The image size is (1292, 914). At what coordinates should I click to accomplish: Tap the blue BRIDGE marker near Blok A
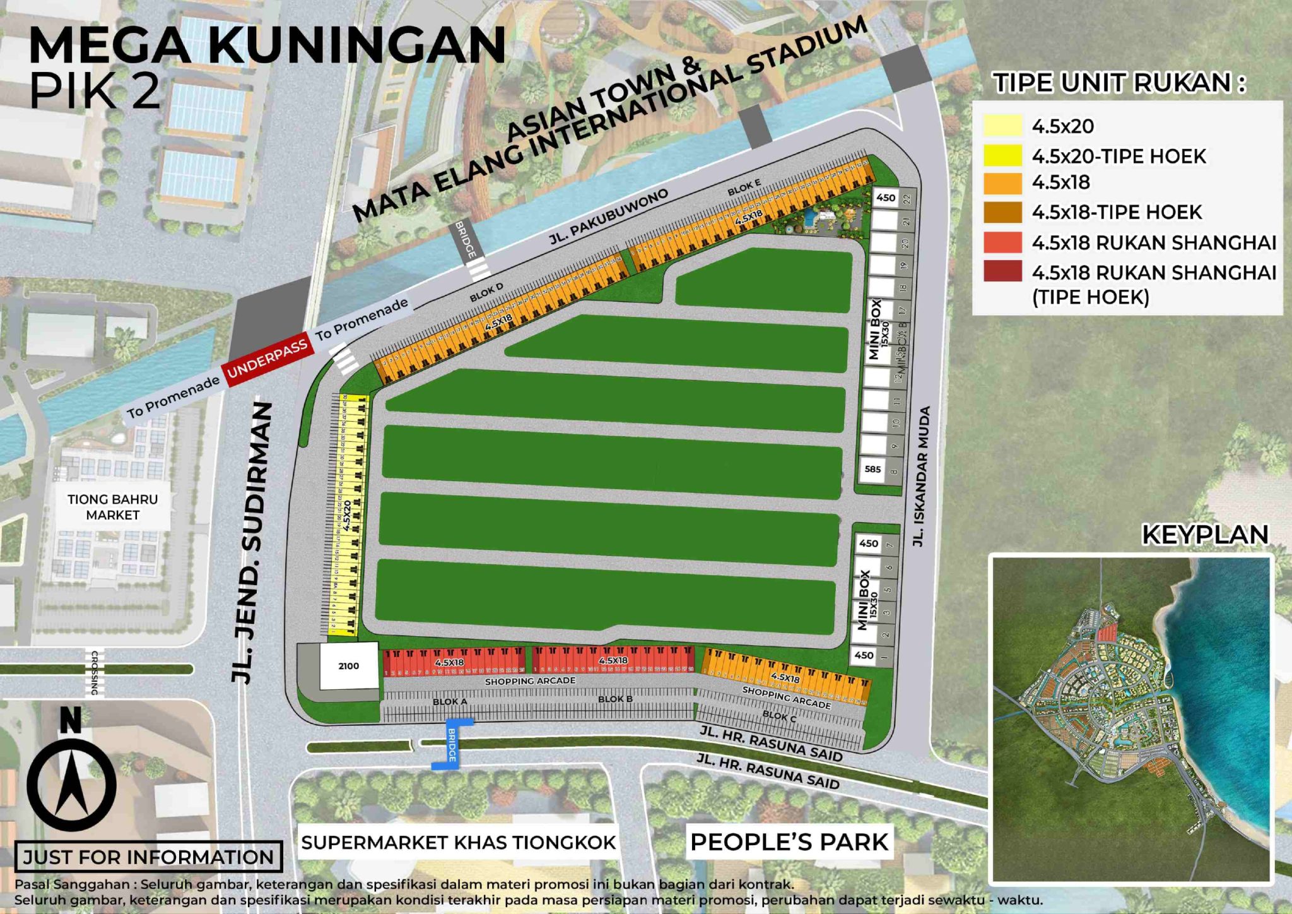click(452, 744)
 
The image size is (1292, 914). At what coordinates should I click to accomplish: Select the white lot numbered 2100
click(348, 666)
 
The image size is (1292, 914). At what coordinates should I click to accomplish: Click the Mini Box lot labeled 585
click(872, 469)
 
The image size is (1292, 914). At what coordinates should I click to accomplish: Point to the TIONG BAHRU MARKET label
click(112, 507)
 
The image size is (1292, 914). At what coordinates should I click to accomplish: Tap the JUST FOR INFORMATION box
click(148, 857)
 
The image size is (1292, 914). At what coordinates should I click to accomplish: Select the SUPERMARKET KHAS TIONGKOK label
click(458, 842)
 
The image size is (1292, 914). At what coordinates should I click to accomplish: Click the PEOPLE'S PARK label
click(789, 842)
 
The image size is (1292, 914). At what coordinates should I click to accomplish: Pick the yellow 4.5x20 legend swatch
click(1002, 126)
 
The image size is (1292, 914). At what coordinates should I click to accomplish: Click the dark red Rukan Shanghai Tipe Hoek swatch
click(1002, 271)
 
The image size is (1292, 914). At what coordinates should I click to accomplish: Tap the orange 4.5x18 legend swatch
click(1002, 183)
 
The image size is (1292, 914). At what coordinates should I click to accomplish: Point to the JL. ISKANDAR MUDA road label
click(922, 477)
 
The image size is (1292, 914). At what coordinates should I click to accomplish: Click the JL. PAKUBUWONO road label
click(609, 217)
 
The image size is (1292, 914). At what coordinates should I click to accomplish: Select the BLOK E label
click(744, 187)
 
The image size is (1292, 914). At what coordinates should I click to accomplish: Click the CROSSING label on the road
click(95, 673)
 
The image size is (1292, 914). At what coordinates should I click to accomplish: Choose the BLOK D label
click(486, 292)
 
